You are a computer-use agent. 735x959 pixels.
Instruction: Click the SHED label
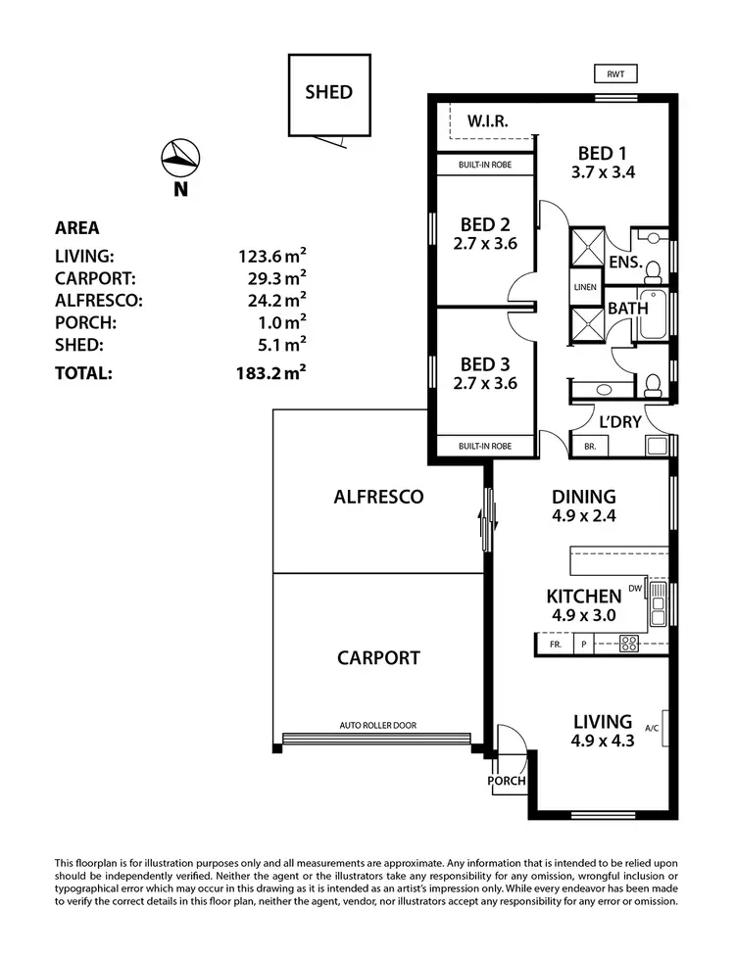coord(328,93)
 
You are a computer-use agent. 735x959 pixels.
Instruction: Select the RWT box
coord(615,72)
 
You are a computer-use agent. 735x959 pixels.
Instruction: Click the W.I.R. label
coord(487,122)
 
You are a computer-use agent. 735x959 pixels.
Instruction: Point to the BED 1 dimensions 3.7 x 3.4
coord(602,173)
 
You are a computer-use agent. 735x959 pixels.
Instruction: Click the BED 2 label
coord(484,224)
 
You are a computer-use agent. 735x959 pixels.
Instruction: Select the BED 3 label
coord(484,363)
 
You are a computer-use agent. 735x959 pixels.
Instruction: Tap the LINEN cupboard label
coord(586,287)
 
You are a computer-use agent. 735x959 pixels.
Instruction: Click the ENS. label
coord(624,263)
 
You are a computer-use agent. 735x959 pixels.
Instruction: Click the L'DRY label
coord(619,422)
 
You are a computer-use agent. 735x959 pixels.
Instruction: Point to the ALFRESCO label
coord(378,497)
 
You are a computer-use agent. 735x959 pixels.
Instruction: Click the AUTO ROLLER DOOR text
coord(377,726)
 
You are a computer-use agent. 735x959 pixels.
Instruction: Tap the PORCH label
coord(508,782)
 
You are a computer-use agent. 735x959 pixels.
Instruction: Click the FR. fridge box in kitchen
coord(554,645)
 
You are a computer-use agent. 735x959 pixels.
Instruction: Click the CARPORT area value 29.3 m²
coord(272,279)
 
